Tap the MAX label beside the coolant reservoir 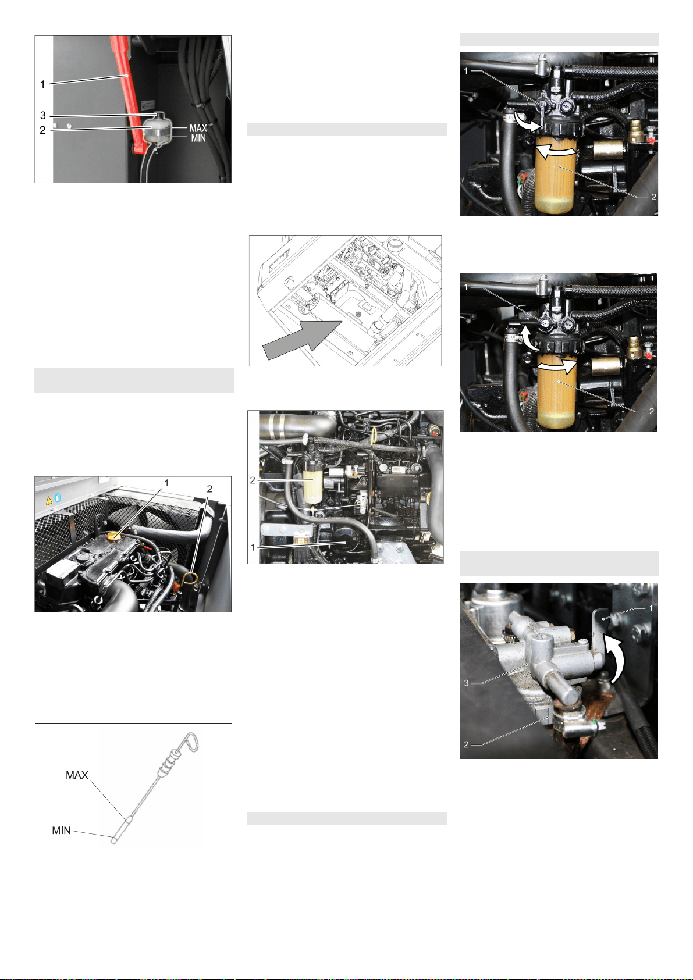coord(198,128)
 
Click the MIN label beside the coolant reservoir coord(198,138)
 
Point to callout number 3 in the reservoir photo coord(43,115)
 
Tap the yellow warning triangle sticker coord(49,501)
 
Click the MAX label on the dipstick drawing coord(77,775)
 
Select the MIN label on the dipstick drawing coord(61,830)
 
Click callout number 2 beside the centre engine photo coord(253,480)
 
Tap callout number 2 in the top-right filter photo coord(653,197)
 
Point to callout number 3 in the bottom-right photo coord(466,683)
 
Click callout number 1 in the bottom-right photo coord(651,608)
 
